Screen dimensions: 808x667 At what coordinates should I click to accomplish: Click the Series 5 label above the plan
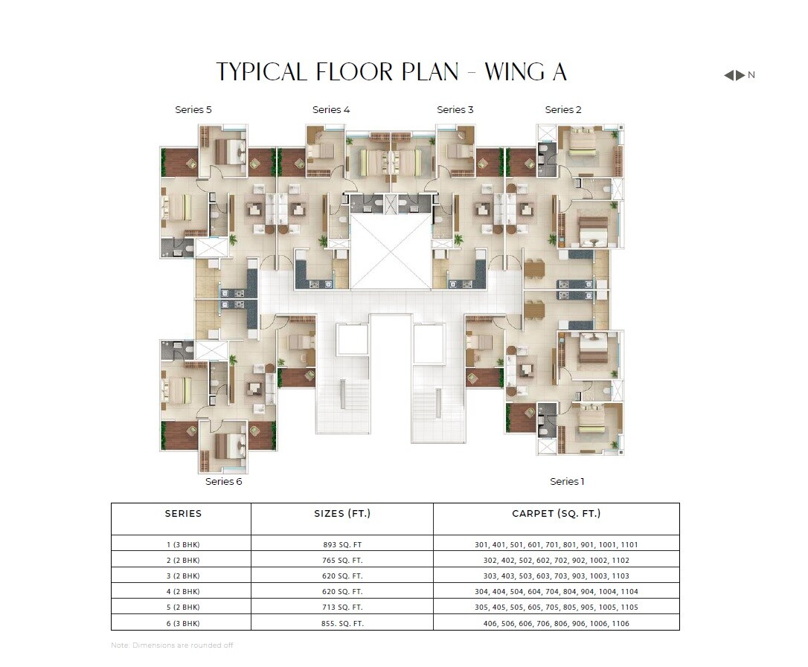coord(193,110)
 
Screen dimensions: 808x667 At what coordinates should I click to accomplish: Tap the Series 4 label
coord(331,110)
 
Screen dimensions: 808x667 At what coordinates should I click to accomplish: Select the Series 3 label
coord(455,110)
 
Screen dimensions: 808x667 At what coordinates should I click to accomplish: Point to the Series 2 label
coord(563,110)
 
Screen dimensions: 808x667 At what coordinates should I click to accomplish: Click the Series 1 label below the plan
coord(567,482)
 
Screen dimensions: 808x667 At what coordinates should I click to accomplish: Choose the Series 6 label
coord(224,482)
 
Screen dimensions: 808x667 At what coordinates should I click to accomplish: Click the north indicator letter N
coord(751,75)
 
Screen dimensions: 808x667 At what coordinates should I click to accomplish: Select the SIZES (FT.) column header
coord(342,514)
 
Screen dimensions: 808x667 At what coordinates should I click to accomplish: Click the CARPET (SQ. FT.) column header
coord(557,514)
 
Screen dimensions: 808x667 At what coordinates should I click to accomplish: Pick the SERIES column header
coord(183,514)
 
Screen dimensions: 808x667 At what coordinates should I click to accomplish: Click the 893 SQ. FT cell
coord(342,544)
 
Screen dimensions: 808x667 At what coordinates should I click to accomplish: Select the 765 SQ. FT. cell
coord(342,561)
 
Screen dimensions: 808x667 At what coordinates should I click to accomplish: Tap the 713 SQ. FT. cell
coord(342,608)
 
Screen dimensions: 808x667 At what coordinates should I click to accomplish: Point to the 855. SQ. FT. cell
coord(342,623)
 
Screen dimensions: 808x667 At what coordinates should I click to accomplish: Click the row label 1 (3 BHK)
coord(183,544)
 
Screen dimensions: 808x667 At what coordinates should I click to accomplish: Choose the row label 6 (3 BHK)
coord(183,623)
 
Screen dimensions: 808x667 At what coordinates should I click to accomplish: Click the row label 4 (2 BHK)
coord(183,592)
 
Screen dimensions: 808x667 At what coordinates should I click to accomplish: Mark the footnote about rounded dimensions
coord(172,645)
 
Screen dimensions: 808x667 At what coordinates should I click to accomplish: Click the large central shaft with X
coord(391,251)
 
